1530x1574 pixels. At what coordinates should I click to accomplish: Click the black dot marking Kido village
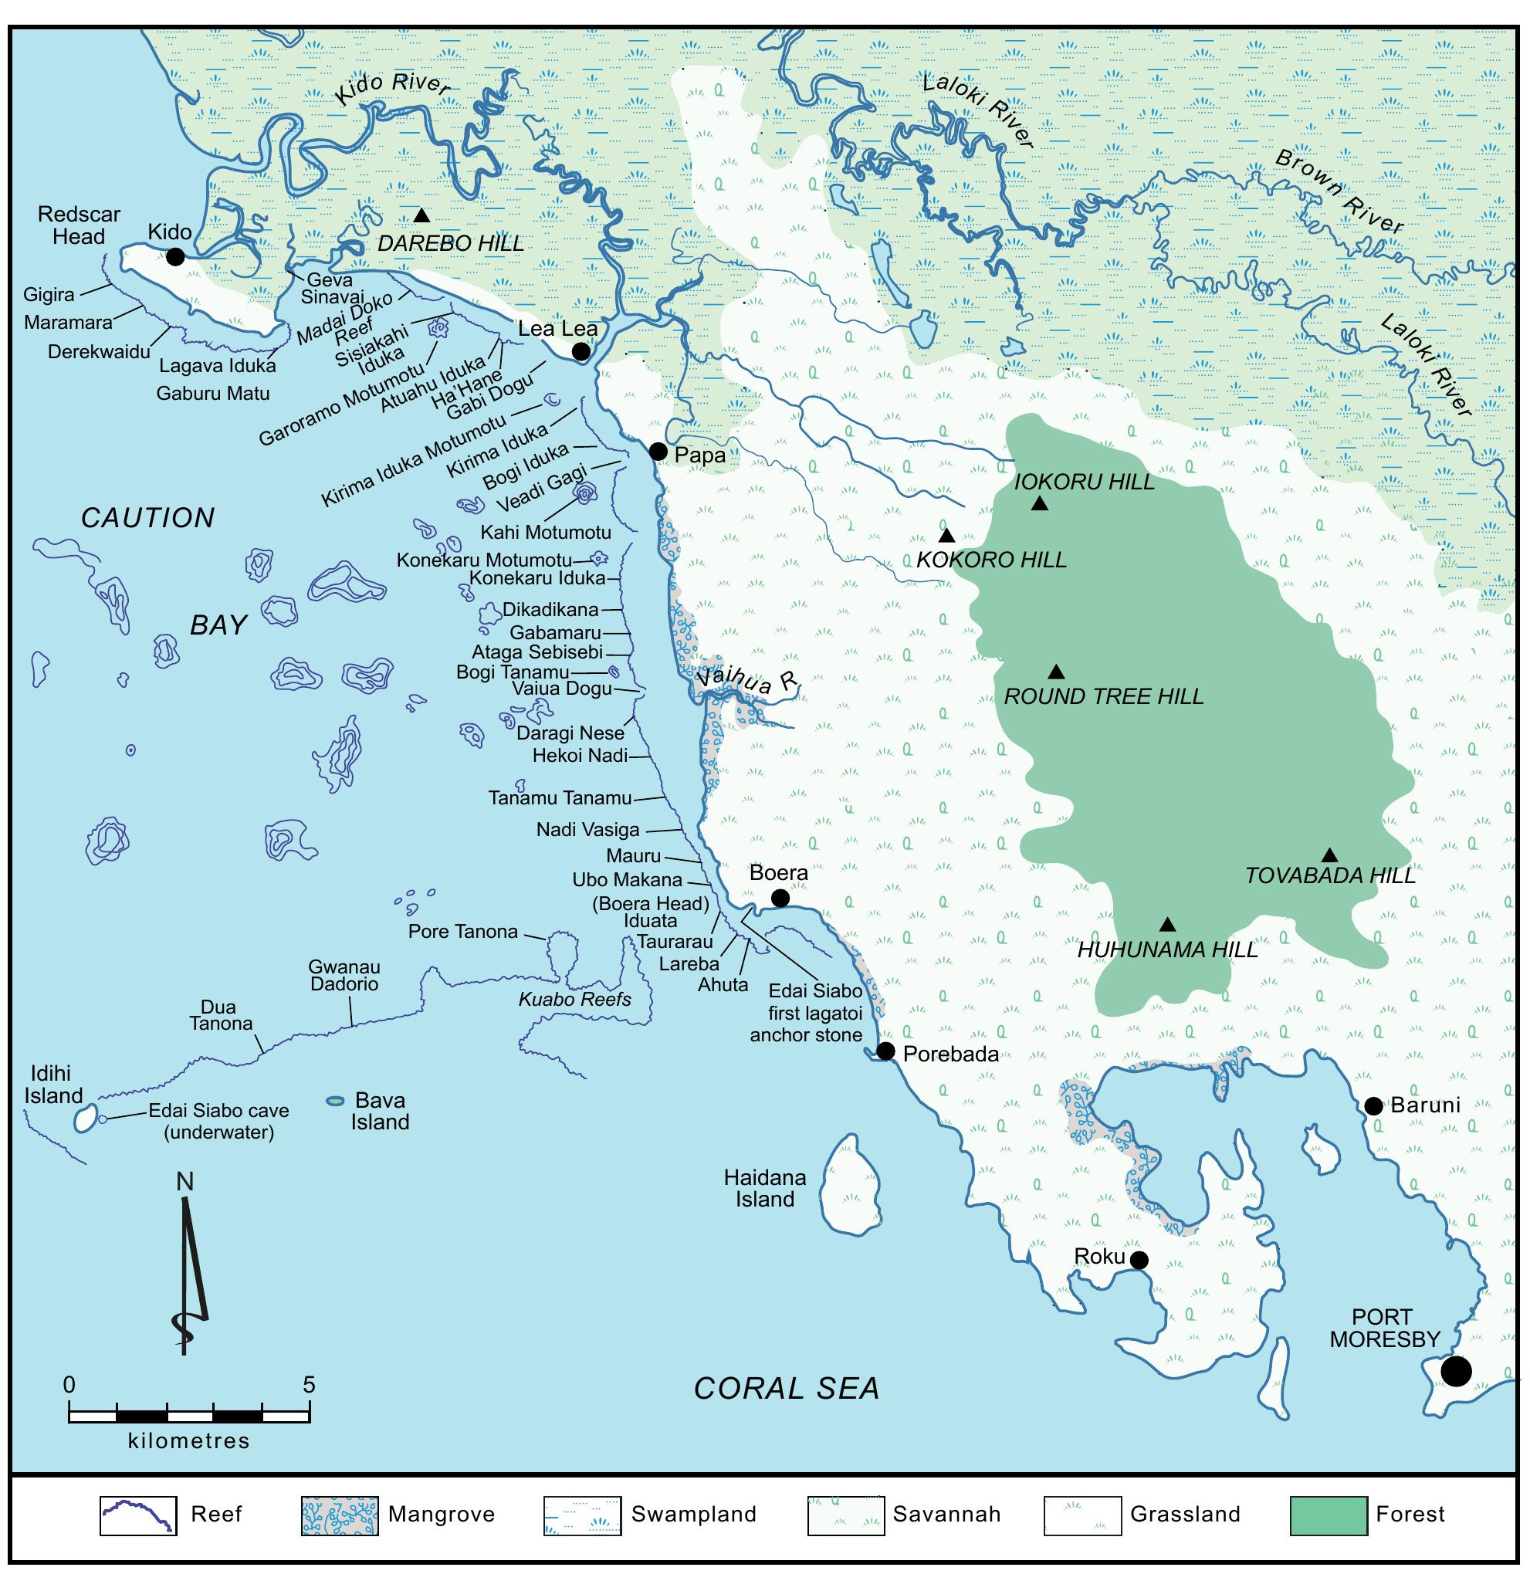[175, 257]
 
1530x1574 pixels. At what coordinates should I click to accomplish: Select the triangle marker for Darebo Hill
[421, 215]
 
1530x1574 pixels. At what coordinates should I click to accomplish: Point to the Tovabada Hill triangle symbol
[1329, 855]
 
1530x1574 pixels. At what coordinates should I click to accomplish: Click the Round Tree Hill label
[1103, 696]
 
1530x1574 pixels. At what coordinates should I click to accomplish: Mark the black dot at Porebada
[885, 1051]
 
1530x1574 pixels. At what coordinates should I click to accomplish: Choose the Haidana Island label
[764, 1188]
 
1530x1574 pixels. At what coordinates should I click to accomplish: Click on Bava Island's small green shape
[335, 1100]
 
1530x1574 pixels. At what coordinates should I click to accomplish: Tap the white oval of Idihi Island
[84, 1119]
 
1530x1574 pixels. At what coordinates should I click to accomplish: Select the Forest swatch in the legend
[1328, 1515]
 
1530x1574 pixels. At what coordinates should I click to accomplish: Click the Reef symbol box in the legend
[138, 1515]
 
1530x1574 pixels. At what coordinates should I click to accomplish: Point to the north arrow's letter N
[184, 1182]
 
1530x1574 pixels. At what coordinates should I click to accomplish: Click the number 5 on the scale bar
[310, 1384]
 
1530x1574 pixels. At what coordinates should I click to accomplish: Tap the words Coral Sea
[787, 1389]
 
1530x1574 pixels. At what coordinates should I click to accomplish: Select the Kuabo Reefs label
[574, 1000]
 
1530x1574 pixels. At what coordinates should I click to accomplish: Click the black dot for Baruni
[1373, 1106]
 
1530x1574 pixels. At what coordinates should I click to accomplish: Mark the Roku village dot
[1139, 1260]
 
